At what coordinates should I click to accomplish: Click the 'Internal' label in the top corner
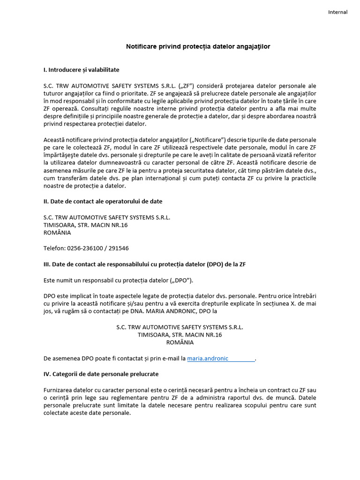point(337,12)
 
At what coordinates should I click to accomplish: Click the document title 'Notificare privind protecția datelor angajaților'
point(198,47)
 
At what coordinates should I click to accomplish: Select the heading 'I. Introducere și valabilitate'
point(81,70)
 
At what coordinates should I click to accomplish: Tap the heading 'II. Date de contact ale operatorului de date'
point(103,202)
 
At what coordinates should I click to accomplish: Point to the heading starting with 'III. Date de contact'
point(144,264)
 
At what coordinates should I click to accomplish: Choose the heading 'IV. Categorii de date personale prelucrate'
point(101,374)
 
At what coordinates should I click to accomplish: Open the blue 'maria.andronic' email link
point(208,359)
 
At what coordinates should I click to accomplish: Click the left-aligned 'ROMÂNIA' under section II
point(57,232)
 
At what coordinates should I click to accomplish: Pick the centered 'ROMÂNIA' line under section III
point(180,343)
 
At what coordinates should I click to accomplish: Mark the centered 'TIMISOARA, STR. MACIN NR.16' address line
point(180,335)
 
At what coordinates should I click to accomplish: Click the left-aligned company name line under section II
point(106,217)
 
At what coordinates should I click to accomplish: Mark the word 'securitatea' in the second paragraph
point(211,171)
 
